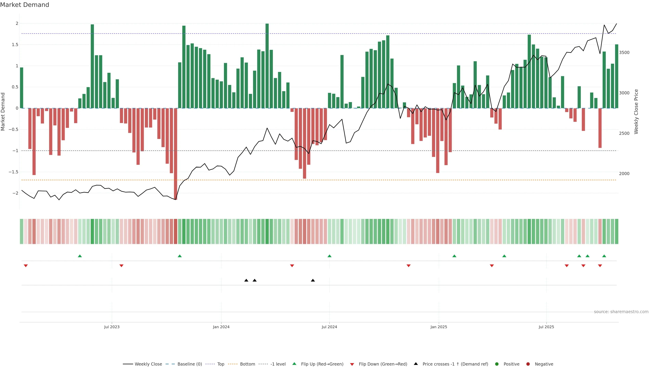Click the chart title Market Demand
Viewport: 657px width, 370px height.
click(24, 5)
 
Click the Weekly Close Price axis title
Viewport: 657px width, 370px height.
click(636, 112)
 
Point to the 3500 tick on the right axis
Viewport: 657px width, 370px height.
click(624, 53)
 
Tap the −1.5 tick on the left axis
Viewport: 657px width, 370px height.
click(14, 172)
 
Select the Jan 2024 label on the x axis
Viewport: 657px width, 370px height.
click(221, 327)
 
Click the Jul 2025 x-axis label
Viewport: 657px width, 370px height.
click(546, 327)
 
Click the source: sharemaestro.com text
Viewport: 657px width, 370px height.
click(621, 312)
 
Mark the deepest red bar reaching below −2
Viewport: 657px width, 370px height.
click(176, 153)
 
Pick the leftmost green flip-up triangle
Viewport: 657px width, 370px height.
click(80, 256)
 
